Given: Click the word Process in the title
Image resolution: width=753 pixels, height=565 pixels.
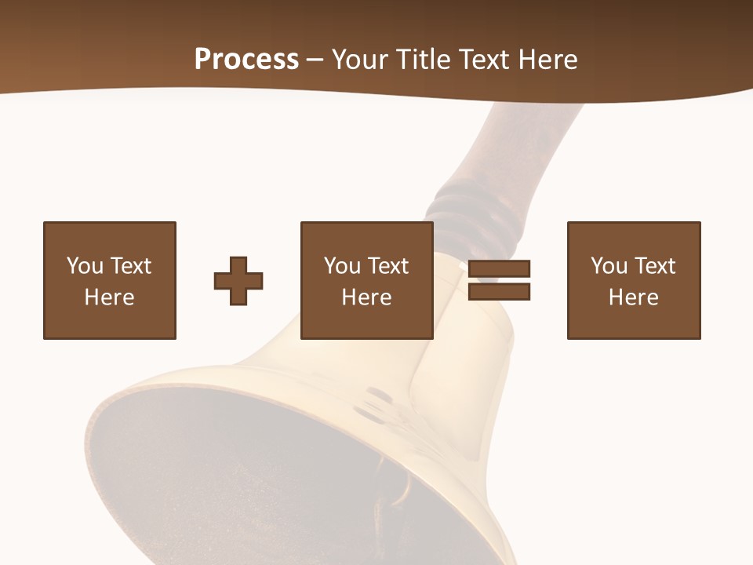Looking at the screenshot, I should coord(246,60).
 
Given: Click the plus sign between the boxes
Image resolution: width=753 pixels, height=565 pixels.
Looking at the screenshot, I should coord(238,281).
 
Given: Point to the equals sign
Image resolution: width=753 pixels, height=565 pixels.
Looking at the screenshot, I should coord(499,280).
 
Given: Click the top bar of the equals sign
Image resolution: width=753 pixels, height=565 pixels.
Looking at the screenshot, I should coord(499,269).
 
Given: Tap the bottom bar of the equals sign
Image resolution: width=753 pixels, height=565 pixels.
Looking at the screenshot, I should coord(499,292).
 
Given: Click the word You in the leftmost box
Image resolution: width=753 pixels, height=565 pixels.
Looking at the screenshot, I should coord(85,266).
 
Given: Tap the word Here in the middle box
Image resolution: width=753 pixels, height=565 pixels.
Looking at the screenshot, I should coord(366,297).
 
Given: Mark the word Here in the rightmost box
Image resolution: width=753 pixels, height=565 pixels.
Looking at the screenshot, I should coord(633,297).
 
